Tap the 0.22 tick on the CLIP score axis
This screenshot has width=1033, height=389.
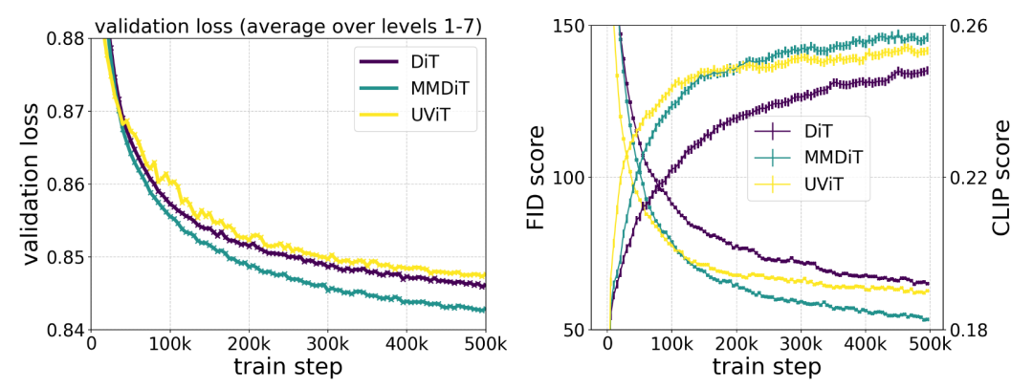pyautogui.click(x=965, y=178)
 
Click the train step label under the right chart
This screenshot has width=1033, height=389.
pyautogui.click(x=766, y=368)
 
